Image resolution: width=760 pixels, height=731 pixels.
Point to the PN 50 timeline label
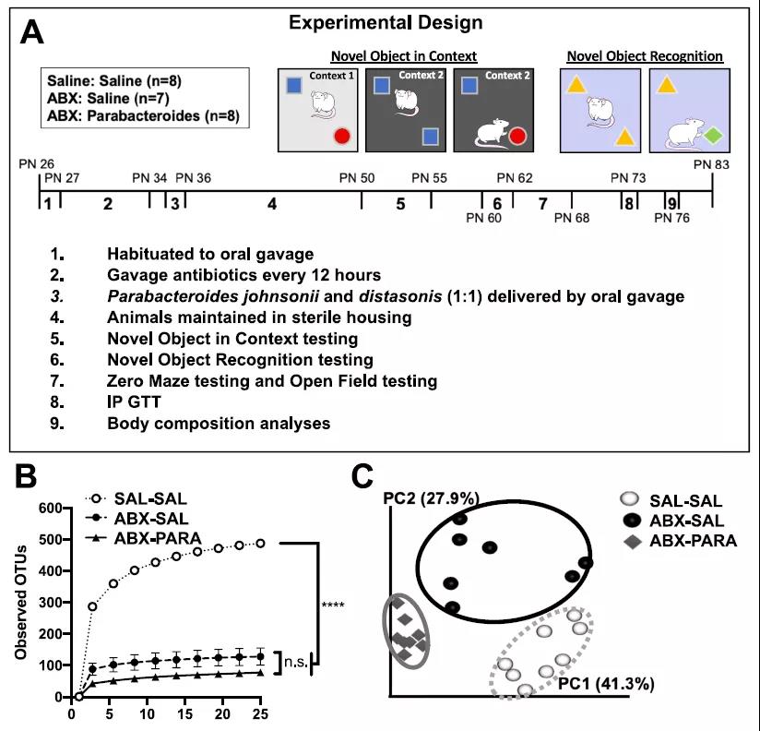click(357, 177)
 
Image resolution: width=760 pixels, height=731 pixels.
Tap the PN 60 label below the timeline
click(484, 218)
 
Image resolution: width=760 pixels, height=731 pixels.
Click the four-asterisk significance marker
click(334, 606)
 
